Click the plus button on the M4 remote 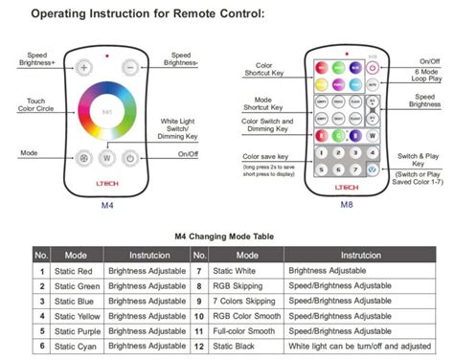point(83,68)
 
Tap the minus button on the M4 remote point(130,68)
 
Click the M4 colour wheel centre point(107,113)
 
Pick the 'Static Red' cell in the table point(76,272)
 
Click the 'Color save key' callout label point(265,155)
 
